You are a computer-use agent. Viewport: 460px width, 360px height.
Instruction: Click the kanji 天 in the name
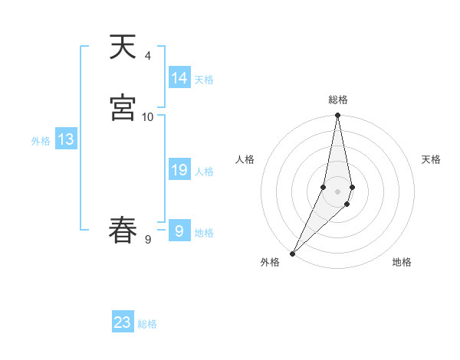tap(122, 48)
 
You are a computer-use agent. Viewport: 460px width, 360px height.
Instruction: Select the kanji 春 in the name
tap(122, 230)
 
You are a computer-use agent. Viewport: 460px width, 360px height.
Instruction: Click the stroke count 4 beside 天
tap(148, 56)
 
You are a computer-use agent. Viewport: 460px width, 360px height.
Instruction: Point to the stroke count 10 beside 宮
tap(148, 116)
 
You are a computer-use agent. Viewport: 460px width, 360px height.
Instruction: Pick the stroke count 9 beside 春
tap(148, 239)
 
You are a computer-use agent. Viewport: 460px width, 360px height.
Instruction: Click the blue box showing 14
tap(179, 78)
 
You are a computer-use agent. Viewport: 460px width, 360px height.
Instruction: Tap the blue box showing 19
tap(179, 170)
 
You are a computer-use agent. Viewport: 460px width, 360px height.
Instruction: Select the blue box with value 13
tap(66, 139)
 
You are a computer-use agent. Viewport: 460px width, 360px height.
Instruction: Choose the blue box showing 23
tap(123, 322)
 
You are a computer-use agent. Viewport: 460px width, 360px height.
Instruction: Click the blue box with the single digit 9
tap(179, 231)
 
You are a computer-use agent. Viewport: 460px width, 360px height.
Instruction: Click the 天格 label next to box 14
tap(204, 80)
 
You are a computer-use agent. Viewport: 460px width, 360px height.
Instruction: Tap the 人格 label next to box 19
tap(204, 172)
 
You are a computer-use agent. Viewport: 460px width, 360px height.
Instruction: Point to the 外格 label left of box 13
tap(41, 141)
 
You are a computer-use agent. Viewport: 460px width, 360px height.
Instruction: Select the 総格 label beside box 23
tap(147, 324)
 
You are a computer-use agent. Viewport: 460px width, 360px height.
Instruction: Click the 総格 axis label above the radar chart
tap(338, 100)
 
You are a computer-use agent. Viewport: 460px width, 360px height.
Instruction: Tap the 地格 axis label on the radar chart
tap(402, 262)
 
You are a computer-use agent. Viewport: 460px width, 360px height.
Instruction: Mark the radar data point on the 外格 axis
tap(292, 253)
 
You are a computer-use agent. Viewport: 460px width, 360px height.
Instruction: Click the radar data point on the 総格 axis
tap(338, 116)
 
